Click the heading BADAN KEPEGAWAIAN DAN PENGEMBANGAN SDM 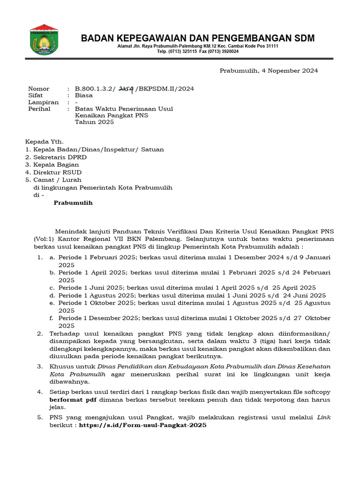(198, 38)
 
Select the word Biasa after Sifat (84, 95)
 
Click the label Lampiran (43, 102)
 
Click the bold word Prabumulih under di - (73, 203)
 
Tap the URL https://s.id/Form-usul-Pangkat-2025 (142, 425)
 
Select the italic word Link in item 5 (324, 417)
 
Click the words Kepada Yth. (44, 141)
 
